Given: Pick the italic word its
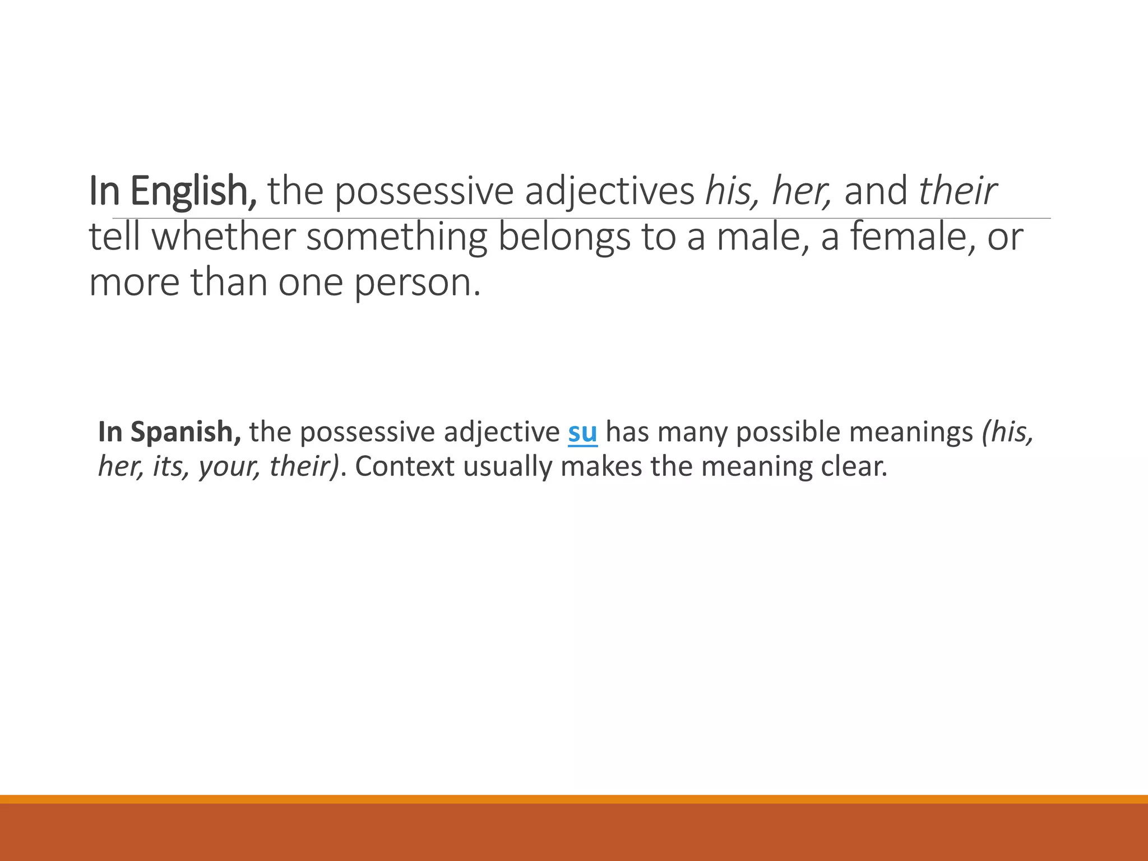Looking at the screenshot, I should click(x=169, y=467).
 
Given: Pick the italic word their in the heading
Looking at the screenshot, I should click(x=957, y=192).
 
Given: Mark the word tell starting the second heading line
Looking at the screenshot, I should click(x=115, y=237).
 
